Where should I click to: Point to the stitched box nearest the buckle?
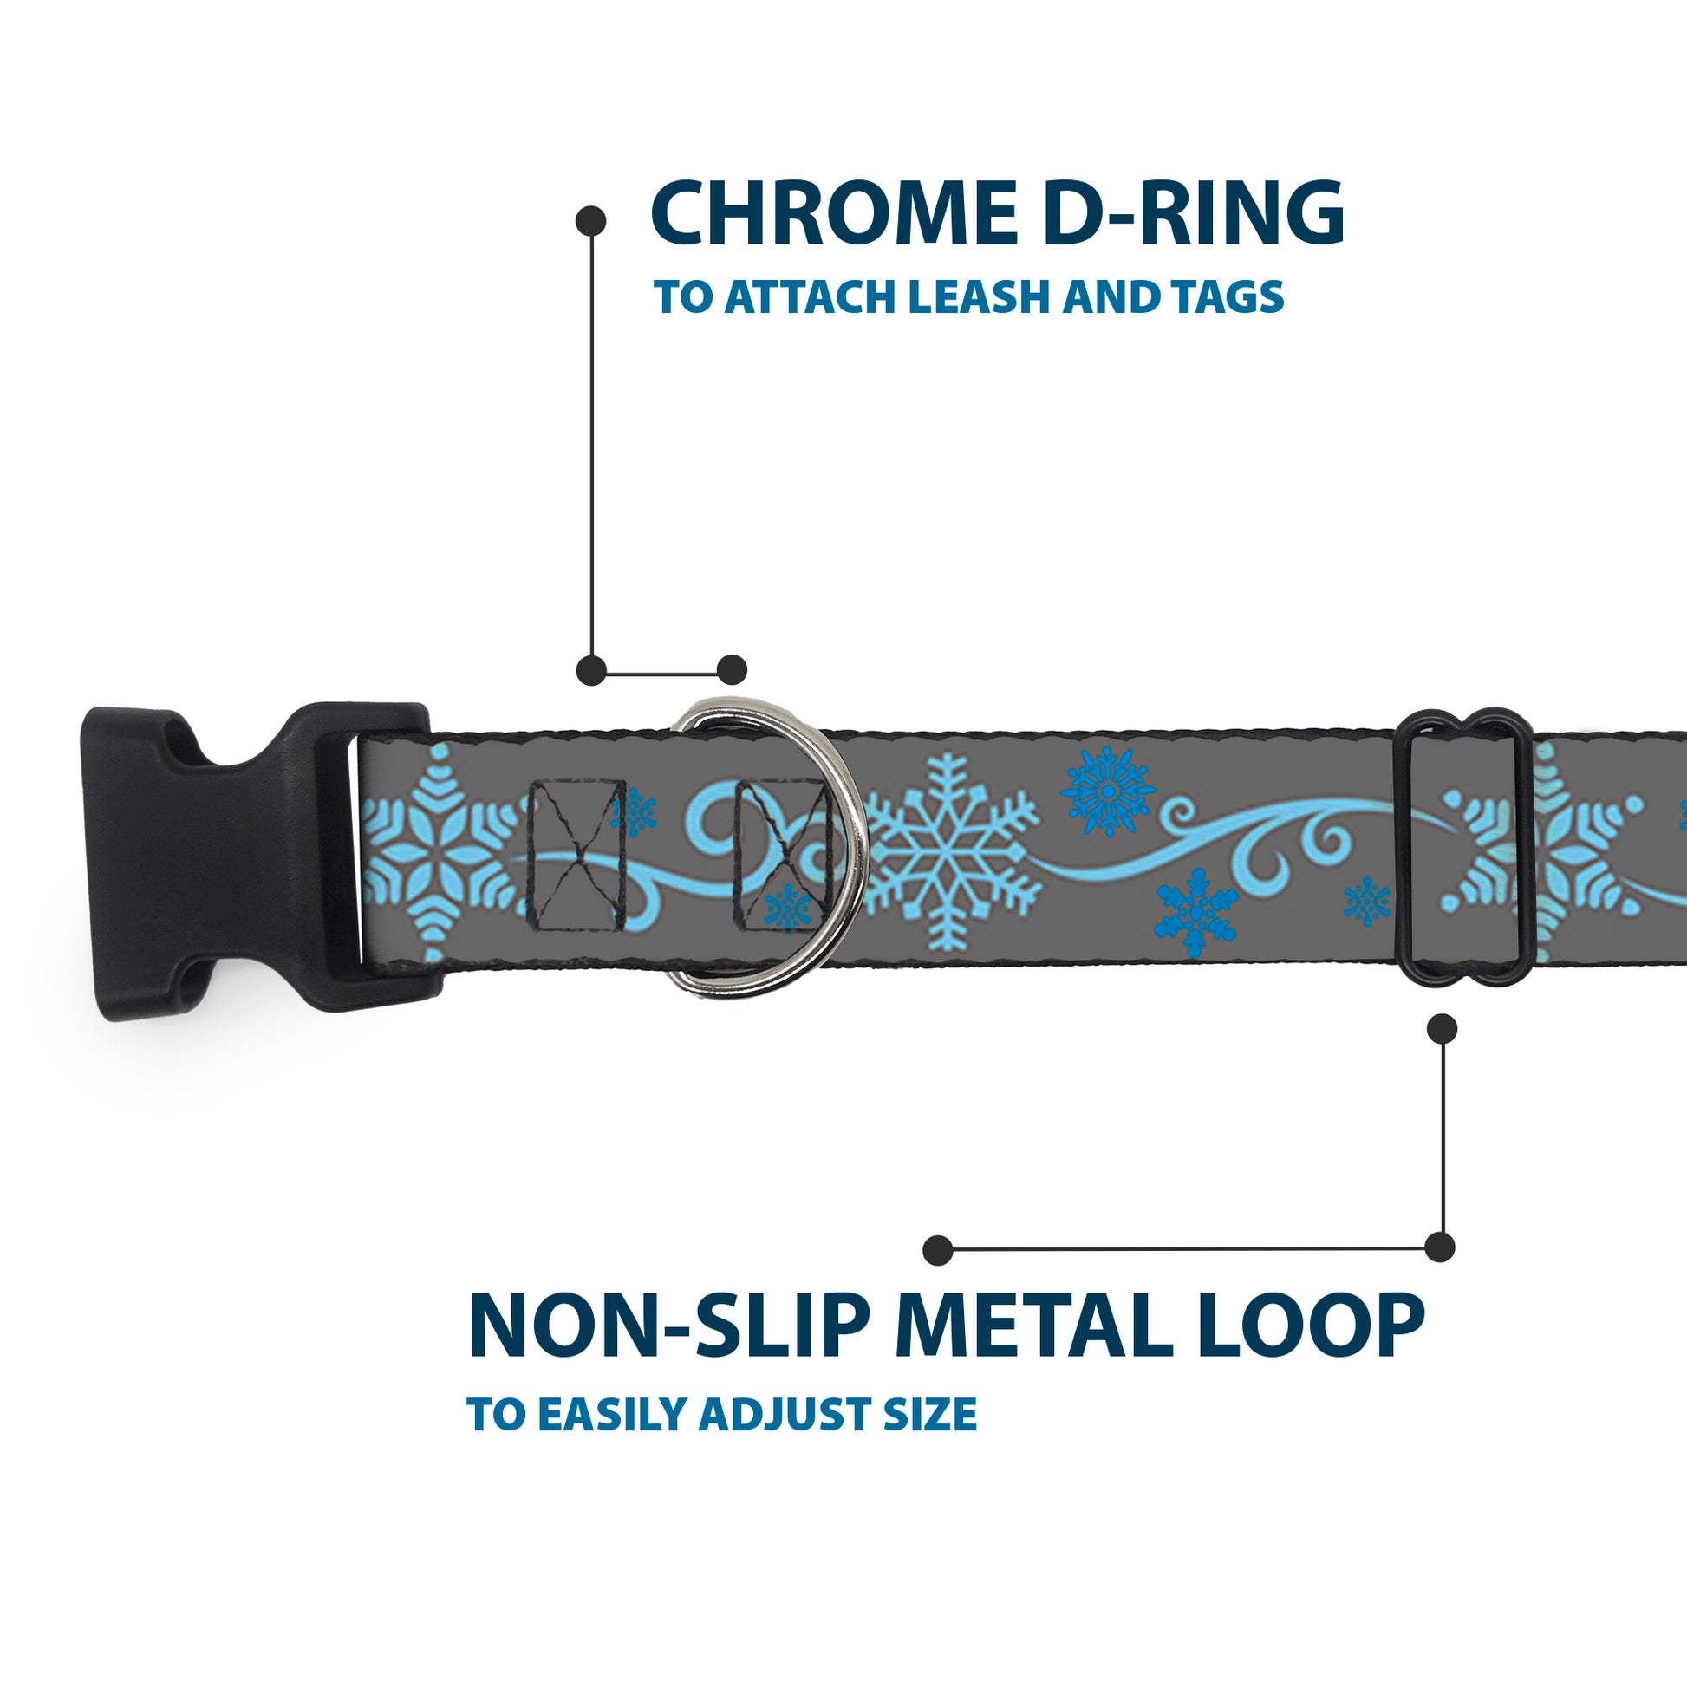point(578,854)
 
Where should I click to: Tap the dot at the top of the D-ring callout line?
point(591,221)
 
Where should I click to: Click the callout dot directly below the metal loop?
point(1442,1028)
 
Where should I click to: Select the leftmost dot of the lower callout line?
point(937,1249)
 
